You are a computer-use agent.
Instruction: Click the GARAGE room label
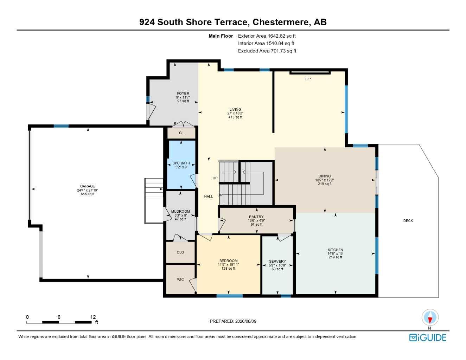88,186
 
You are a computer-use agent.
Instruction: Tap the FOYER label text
183,94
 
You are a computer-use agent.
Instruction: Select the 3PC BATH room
181,165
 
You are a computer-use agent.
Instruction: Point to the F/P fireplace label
308,79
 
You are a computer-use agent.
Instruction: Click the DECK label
408,221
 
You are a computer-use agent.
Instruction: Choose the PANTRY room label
256,217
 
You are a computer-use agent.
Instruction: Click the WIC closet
180,279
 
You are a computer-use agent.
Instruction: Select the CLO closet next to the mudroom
180,252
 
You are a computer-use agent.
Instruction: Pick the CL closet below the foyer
181,133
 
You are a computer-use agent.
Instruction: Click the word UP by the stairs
215,178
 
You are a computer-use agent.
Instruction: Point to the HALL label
209,196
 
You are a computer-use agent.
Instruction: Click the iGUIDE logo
428,337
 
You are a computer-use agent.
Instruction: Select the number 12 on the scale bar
93,317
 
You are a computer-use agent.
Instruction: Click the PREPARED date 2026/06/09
246,321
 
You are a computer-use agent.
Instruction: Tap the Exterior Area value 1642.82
277,36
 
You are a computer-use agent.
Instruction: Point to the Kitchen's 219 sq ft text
336,257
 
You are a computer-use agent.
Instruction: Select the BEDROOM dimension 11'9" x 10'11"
228,265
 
